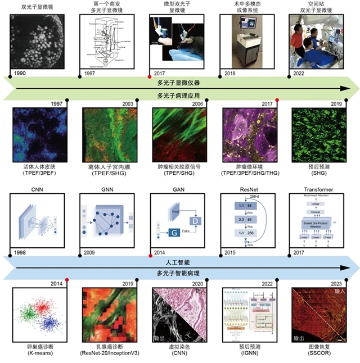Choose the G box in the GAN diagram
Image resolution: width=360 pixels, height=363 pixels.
point(175,231)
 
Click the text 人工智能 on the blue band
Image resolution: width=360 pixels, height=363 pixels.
point(179,262)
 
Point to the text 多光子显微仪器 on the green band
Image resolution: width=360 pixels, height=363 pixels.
point(179,83)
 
